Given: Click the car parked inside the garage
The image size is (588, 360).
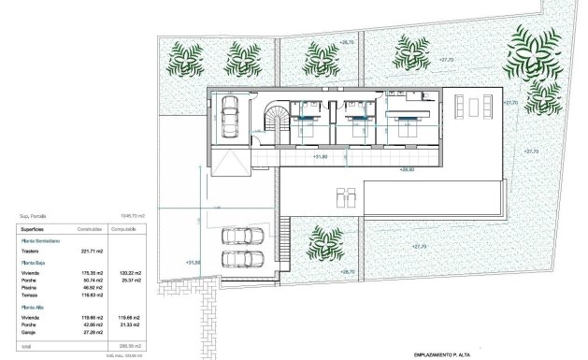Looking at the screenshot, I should [229, 118].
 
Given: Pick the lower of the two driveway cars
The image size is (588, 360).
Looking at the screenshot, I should [235, 257].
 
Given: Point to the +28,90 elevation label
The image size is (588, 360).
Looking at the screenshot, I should [407, 169].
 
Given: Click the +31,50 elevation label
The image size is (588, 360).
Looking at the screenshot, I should [194, 263].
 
